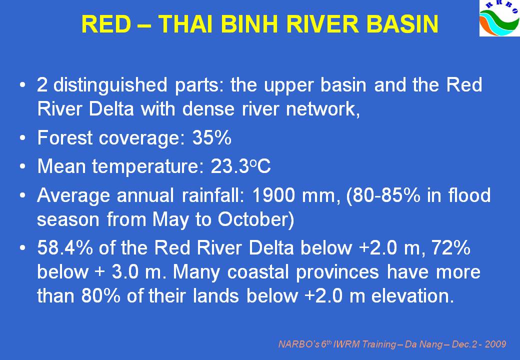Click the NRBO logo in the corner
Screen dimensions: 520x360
coord(499,18)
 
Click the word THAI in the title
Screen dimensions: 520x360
coord(184,24)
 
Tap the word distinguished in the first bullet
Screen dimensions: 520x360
coord(110,85)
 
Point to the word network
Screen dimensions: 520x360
coord(322,108)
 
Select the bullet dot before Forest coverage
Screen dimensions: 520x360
coord(22,138)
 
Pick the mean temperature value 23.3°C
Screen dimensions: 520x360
coord(241,165)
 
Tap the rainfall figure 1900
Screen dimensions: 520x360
coord(273,195)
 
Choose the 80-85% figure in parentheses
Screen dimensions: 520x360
coord(383,195)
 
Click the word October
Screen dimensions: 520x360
coord(255,219)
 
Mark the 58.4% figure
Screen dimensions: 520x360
coord(65,247)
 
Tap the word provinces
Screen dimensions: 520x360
coord(337,273)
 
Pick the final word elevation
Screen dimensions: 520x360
coord(412,295)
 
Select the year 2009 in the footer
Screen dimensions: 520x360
coord(495,344)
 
